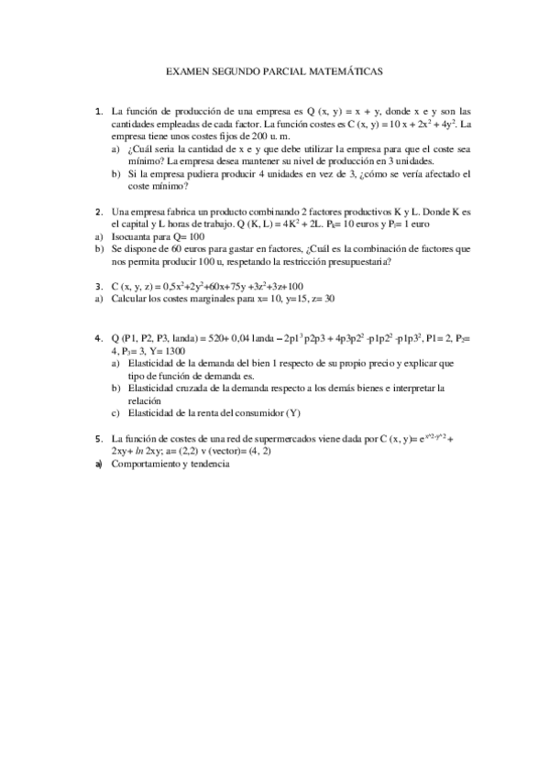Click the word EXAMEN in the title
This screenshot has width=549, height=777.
(x=188, y=69)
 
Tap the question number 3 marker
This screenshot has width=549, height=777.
(x=99, y=287)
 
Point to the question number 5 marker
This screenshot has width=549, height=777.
(x=99, y=439)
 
